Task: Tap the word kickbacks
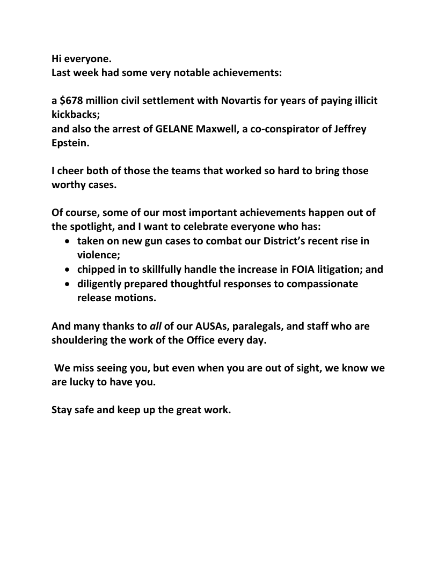[76, 115]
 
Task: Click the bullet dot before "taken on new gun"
[67, 242]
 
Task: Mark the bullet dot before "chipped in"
[67, 270]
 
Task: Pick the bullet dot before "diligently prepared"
[67, 284]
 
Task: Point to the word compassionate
[322, 284]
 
